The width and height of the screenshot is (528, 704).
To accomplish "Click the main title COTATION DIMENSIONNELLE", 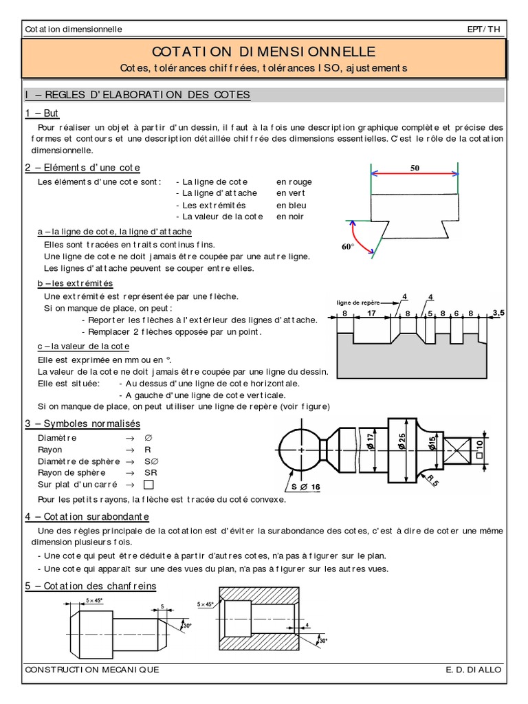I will pos(264,52).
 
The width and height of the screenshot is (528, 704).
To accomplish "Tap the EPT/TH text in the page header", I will pos(485,30).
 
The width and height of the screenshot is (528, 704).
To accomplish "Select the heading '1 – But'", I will pos(42,113).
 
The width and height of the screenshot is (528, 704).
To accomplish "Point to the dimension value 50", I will pos(415,168).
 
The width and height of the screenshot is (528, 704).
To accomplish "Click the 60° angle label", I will pos(348,246).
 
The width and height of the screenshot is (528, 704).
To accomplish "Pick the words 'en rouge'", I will pos(294,182).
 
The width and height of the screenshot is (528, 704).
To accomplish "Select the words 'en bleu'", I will pos(291,206).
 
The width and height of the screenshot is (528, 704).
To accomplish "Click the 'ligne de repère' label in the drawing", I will pos(358,302).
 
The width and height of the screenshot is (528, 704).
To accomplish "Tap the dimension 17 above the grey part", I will pos(371,313).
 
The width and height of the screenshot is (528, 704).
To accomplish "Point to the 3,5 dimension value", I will pos(498,313).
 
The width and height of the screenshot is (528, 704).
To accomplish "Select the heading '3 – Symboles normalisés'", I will pos(82,423).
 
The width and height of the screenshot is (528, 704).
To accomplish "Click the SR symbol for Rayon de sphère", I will pos(151,473).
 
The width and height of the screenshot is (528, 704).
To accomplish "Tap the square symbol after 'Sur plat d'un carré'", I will pos(148,485).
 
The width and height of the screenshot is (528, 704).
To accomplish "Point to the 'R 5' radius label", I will pos(432,479).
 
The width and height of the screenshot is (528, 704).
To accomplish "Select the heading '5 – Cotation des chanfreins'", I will pos(90,586).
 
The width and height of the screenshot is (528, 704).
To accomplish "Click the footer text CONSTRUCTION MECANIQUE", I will pos(91,670).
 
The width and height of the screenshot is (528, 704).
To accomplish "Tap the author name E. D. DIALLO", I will pos(474,670).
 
